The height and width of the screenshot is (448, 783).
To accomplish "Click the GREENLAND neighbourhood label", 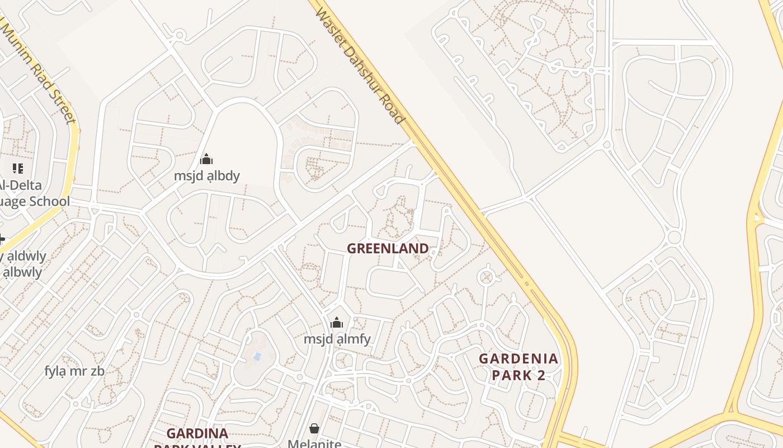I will (388, 248).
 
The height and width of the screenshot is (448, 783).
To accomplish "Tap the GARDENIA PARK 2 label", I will (518, 367).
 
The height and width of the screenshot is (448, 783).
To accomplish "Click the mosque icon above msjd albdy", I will (206, 160).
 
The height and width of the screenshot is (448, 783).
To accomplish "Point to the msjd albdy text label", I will (206, 176).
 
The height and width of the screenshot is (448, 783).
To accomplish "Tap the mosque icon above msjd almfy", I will (337, 323).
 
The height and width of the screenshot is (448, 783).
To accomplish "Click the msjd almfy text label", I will (337, 339).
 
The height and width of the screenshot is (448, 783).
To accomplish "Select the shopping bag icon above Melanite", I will (314, 428).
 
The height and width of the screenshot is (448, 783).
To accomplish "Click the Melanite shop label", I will (314, 444).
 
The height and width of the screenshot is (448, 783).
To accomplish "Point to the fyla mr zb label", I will (74, 371).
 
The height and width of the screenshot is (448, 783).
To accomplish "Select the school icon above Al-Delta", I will (17, 168).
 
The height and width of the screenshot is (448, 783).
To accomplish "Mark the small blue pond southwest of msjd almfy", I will (257, 356).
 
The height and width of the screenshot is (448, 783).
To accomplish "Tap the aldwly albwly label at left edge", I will (22, 264).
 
